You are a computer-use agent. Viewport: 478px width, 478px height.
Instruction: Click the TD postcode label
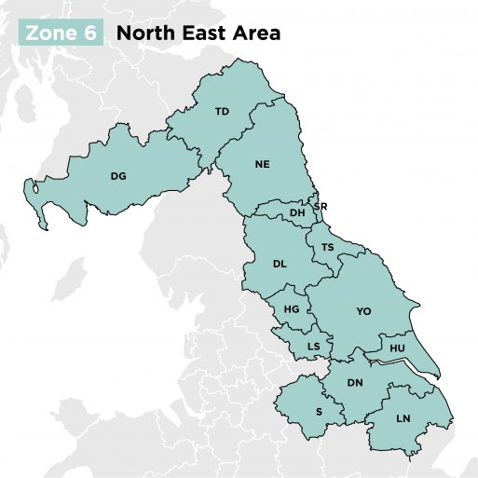[222, 112]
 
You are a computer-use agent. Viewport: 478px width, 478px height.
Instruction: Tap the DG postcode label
[118, 175]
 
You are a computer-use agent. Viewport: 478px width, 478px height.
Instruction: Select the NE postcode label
[262, 163]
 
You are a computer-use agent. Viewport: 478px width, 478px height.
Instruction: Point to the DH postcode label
[297, 213]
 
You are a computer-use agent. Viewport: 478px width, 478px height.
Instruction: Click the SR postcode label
[321, 207]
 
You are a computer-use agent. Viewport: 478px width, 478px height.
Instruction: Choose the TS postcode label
[327, 247]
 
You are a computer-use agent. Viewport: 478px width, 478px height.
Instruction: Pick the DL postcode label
[280, 264]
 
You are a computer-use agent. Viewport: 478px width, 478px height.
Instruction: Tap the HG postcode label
[292, 308]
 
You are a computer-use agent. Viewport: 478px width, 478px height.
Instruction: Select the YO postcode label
[363, 311]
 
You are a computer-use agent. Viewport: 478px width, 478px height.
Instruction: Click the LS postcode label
[314, 348]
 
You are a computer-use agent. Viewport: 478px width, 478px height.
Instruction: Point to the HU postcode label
[398, 348]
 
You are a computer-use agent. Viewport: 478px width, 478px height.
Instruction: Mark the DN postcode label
[355, 383]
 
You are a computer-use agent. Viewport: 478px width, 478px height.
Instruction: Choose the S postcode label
[319, 410]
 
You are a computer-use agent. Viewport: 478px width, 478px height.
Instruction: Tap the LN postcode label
[403, 418]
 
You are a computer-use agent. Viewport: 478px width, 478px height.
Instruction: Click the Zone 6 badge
[60, 34]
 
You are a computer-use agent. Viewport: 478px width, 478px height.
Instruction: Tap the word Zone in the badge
[50, 34]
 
